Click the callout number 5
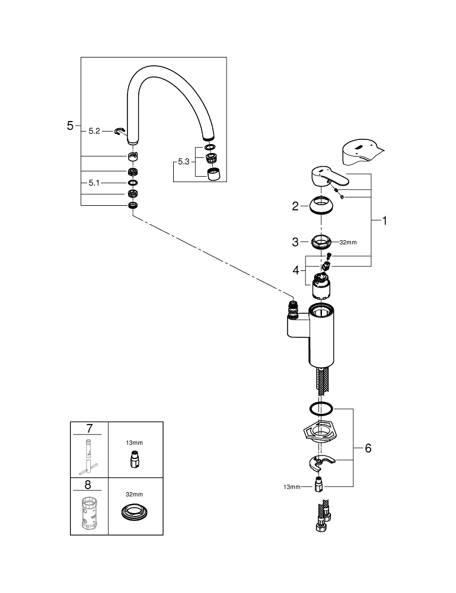71,126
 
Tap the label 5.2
94,131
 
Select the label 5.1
94,183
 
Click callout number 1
384,221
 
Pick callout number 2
295,206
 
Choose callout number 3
295,242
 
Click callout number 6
368,448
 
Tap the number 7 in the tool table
90,428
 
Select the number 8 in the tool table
90,484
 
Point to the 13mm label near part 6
292,487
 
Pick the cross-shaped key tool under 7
90,455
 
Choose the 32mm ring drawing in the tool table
134,513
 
